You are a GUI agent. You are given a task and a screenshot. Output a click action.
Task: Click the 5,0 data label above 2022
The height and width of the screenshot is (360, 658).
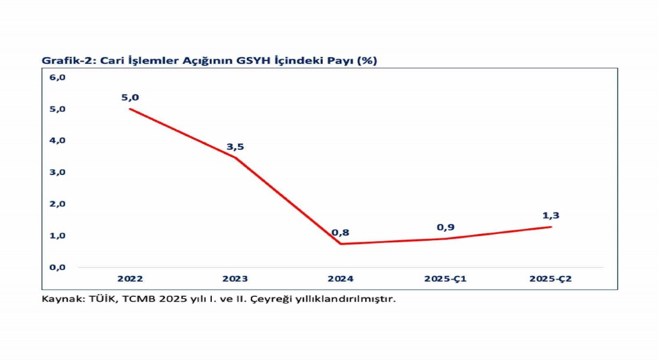point(130,97)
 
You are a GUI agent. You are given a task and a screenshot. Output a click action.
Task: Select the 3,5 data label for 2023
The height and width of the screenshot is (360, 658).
point(235,147)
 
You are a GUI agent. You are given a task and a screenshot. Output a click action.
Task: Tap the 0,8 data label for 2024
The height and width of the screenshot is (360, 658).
point(340,232)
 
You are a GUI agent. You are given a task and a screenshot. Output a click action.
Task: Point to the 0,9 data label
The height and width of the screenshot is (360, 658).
point(446,227)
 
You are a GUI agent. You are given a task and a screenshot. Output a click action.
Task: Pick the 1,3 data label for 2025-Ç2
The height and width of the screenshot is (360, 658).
point(551,215)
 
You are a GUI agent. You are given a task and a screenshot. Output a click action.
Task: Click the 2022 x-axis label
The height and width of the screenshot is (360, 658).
point(130,279)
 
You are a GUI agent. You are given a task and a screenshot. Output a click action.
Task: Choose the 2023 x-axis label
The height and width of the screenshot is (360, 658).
point(235,279)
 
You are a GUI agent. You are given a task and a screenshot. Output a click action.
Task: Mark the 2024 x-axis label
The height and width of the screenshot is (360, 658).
point(340,279)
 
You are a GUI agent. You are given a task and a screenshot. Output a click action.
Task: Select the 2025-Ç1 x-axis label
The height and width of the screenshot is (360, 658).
point(446,279)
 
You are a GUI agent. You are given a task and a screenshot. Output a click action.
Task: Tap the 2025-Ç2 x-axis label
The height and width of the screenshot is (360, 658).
point(551,279)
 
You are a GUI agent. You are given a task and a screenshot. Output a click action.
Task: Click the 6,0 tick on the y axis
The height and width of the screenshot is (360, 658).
point(58,77)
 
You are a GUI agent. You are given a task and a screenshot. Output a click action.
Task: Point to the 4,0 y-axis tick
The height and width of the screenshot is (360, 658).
point(58,140)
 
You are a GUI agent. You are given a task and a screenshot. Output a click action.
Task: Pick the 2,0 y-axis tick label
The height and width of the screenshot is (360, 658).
point(58,204)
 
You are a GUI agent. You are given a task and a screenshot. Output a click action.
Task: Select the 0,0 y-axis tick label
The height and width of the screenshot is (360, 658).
point(58,267)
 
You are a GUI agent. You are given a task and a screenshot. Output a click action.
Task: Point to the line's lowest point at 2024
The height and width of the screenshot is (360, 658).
point(340,244)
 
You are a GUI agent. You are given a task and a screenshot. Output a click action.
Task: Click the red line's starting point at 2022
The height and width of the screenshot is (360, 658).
point(130,109)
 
